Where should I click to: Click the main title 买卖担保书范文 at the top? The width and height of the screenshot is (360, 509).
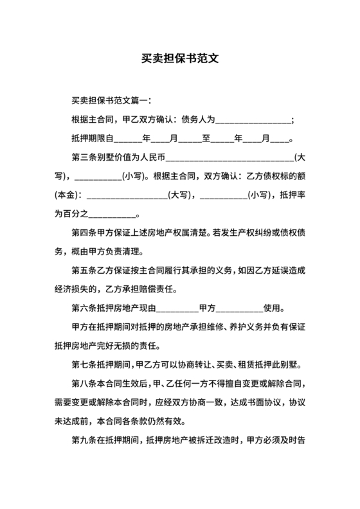coord(180,57)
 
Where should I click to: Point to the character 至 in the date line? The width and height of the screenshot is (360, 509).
coord(206,138)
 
